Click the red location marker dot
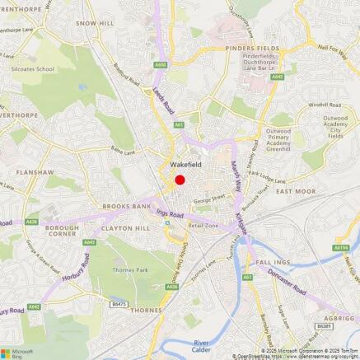180,180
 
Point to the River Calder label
203,344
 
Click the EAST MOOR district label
296,191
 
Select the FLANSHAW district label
33,173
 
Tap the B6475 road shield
119,304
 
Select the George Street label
209,199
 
